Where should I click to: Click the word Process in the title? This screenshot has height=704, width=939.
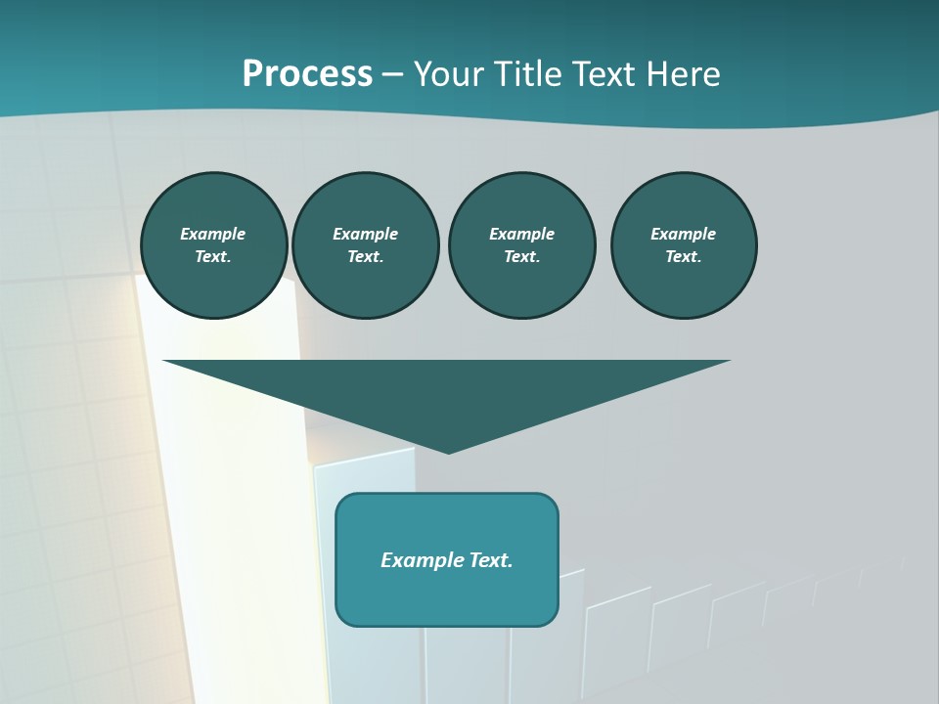coord(307,74)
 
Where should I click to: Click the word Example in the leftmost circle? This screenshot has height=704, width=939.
coord(213,234)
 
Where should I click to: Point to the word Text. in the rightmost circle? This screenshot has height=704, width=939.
coord(683,257)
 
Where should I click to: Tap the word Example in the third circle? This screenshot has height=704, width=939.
coord(521,234)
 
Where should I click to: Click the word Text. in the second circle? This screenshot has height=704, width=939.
coord(365,257)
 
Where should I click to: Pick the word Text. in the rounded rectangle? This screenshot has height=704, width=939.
coord(491,560)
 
